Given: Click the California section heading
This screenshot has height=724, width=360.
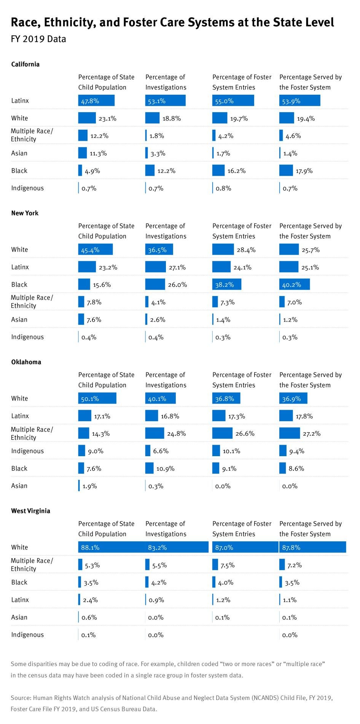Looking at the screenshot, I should tap(25, 64).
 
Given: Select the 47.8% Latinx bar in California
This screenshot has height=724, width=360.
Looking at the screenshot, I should tap(96, 101).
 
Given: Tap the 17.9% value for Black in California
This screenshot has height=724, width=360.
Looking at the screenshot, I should tap(304, 171).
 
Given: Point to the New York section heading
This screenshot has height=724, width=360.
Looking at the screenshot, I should tap(25, 213).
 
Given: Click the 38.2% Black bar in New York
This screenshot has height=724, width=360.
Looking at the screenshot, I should tap(226, 285).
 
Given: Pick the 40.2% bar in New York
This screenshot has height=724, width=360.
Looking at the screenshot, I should tap(294, 285).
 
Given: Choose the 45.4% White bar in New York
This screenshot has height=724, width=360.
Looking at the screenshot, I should tap(95, 250).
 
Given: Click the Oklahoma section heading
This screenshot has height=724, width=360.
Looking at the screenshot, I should tap(26, 362).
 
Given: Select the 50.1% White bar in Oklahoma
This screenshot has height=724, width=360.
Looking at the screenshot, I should tap(97, 398).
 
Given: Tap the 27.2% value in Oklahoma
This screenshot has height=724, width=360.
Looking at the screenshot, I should tap(311, 433).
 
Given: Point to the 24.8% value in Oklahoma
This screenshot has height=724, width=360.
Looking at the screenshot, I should tap(177, 433).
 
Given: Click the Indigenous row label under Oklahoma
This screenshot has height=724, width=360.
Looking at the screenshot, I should tap(27, 451).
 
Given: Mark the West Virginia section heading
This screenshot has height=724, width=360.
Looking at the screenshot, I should tap(30, 511).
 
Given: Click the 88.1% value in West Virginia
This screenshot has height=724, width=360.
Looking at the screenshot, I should tap(90, 547).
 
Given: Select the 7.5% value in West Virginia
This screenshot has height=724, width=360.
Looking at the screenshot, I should tap(227, 565).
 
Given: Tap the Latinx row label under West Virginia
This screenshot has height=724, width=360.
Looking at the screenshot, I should tap(20, 600).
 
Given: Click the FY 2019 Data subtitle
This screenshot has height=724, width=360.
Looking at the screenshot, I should tap(38, 39).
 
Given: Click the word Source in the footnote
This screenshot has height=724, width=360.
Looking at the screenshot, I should tap(21, 698).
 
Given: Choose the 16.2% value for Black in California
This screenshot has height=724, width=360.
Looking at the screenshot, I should tap(236, 171).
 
